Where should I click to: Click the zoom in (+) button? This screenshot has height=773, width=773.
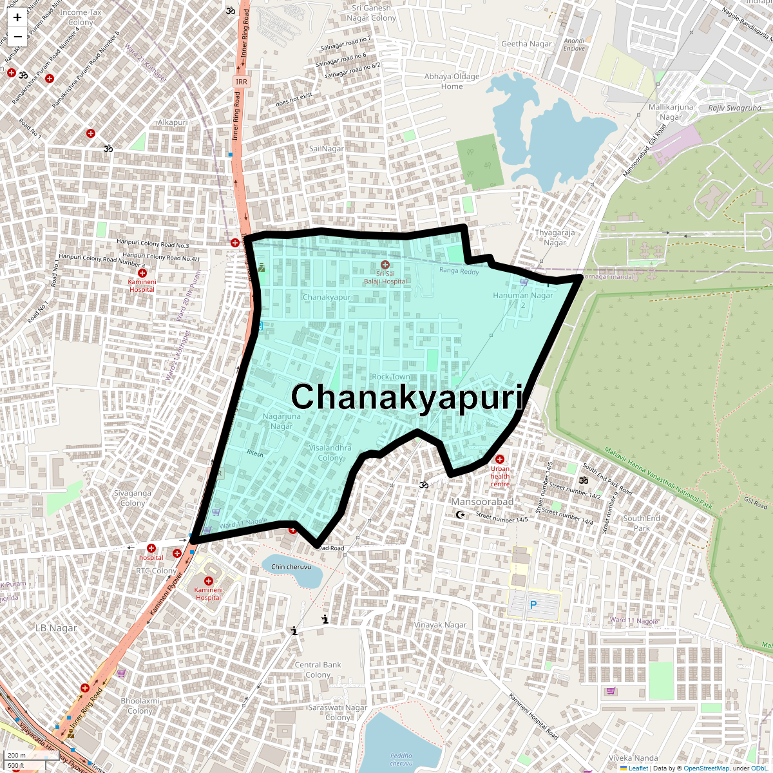tap(17, 17)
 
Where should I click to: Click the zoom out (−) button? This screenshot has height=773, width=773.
tap(17, 37)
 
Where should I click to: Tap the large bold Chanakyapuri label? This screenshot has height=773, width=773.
tap(408, 397)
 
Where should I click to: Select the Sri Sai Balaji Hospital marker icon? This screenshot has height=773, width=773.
tap(385, 265)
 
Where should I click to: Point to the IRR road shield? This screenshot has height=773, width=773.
tap(241, 82)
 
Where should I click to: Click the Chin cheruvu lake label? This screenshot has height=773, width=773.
tap(291, 567)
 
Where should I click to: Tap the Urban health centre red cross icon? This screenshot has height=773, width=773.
tap(499, 459)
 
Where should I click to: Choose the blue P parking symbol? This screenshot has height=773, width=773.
tap(533, 606)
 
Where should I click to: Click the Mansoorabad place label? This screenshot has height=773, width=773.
tap(482, 502)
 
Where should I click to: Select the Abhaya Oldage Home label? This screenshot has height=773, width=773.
tap(452, 81)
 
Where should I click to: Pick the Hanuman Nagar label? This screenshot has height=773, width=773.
tap(522, 296)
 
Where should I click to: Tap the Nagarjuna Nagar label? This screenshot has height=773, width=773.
tap(282, 421)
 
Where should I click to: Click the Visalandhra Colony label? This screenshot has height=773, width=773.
tap(330, 452)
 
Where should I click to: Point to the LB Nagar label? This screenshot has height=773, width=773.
tap(56, 628)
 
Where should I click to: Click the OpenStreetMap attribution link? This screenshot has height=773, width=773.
tap(706, 768)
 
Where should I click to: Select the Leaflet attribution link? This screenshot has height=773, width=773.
tap(638, 768)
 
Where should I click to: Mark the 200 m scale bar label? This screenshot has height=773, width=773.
tap(17, 756)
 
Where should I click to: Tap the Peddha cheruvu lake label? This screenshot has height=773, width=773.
tap(401, 759)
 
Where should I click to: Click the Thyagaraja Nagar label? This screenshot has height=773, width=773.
tap(555, 238)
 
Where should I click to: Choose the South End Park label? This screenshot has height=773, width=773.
tap(642, 523)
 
